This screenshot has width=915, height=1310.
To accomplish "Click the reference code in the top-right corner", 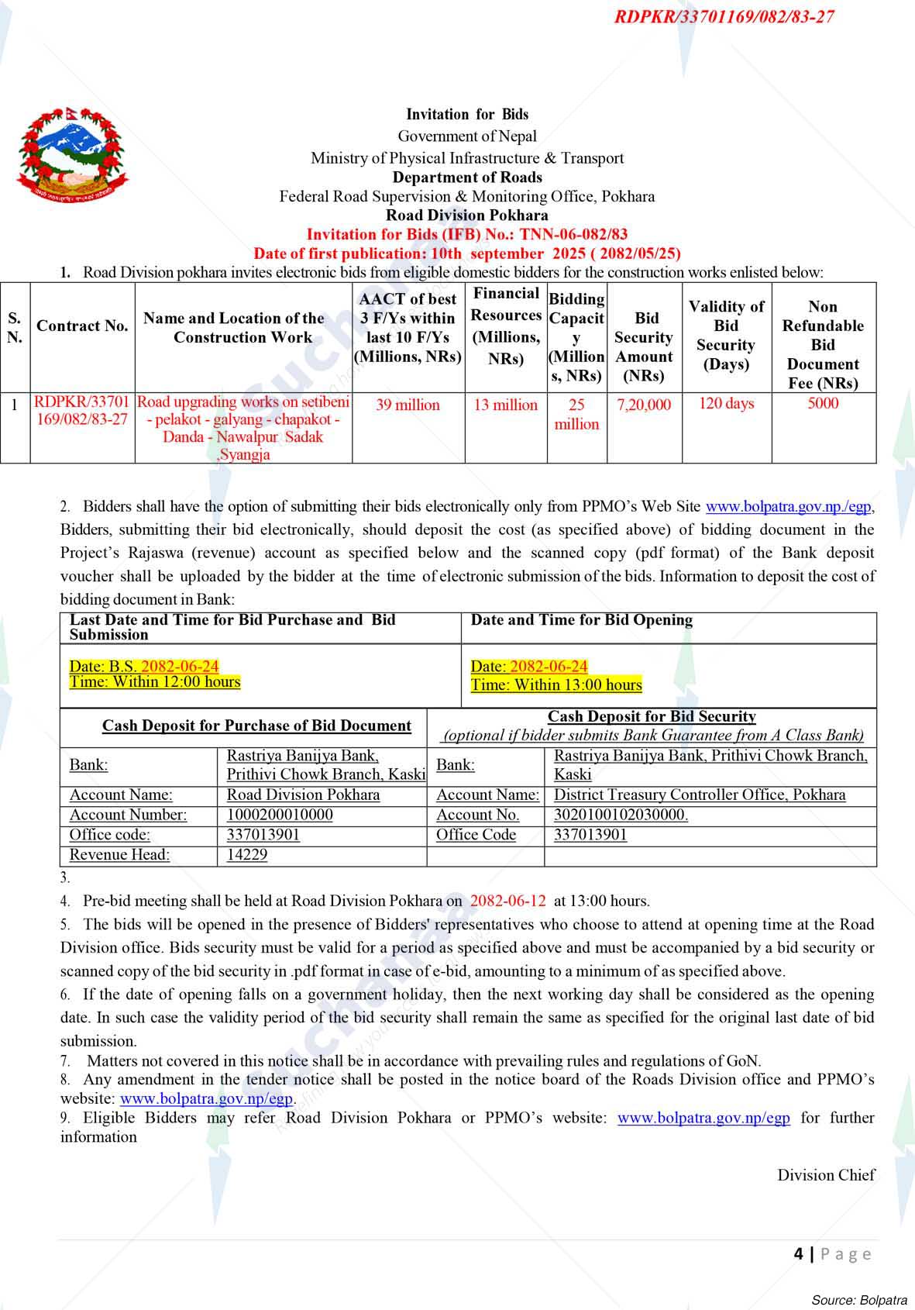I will (724, 16).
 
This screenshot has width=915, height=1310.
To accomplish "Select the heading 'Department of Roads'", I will (467, 178).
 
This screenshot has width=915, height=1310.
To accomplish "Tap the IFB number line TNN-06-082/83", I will (467, 235).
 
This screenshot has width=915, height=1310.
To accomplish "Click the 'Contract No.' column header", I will (82, 326).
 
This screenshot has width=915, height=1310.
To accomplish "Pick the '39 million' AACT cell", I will (408, 405).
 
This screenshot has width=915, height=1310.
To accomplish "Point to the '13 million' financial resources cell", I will (505, 405).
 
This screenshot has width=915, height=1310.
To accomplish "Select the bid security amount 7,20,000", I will (644, 405).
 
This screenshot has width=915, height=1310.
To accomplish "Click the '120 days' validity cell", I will (726, 403).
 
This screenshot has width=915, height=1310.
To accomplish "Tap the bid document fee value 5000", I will (823, 403).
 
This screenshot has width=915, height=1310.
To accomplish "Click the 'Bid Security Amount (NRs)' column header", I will (644, 346).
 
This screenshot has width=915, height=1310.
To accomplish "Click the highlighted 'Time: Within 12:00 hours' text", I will (155, 682).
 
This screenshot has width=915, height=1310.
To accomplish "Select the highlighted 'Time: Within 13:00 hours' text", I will (556, 685).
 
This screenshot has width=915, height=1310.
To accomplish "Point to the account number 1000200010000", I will (280, 815).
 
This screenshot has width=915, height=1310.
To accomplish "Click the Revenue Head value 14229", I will (247, 855).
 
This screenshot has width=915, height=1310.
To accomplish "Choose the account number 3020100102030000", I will (621, 815).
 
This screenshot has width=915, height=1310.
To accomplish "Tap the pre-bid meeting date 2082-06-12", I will (508, 901).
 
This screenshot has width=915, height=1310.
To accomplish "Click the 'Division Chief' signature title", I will (826, 1175).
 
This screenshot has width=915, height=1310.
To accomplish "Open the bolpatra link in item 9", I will (703, 1118).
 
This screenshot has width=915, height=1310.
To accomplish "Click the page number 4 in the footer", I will (798, 1253).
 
